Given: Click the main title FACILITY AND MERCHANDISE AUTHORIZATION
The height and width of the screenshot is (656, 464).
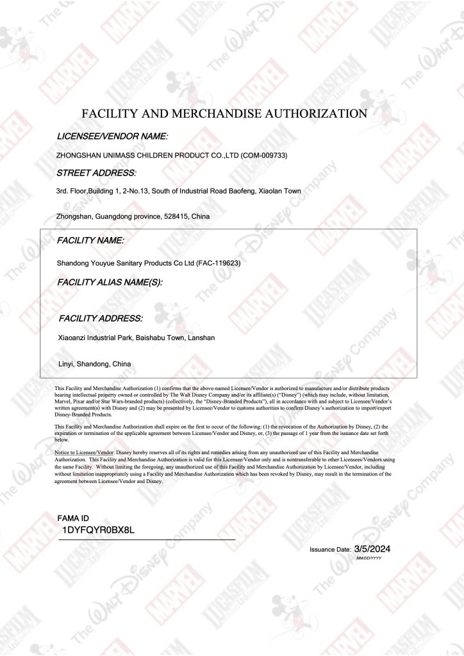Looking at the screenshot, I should pos(224,114).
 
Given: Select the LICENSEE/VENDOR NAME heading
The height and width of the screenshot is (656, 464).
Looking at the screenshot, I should pos(112,136).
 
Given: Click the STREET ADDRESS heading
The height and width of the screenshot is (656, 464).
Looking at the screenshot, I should pos(96,173).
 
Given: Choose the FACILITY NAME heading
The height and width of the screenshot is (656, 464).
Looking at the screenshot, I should pos(90,240).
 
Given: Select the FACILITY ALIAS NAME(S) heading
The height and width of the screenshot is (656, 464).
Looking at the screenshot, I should pos(110,281).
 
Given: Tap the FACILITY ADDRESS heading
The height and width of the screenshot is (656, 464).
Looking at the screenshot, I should pos(101,318).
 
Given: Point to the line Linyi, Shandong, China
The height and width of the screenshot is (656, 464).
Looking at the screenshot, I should pos(94,364).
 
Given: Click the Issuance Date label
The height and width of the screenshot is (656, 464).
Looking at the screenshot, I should pos(330,550).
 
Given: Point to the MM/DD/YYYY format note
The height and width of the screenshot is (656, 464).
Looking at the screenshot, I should pos(369,559).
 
